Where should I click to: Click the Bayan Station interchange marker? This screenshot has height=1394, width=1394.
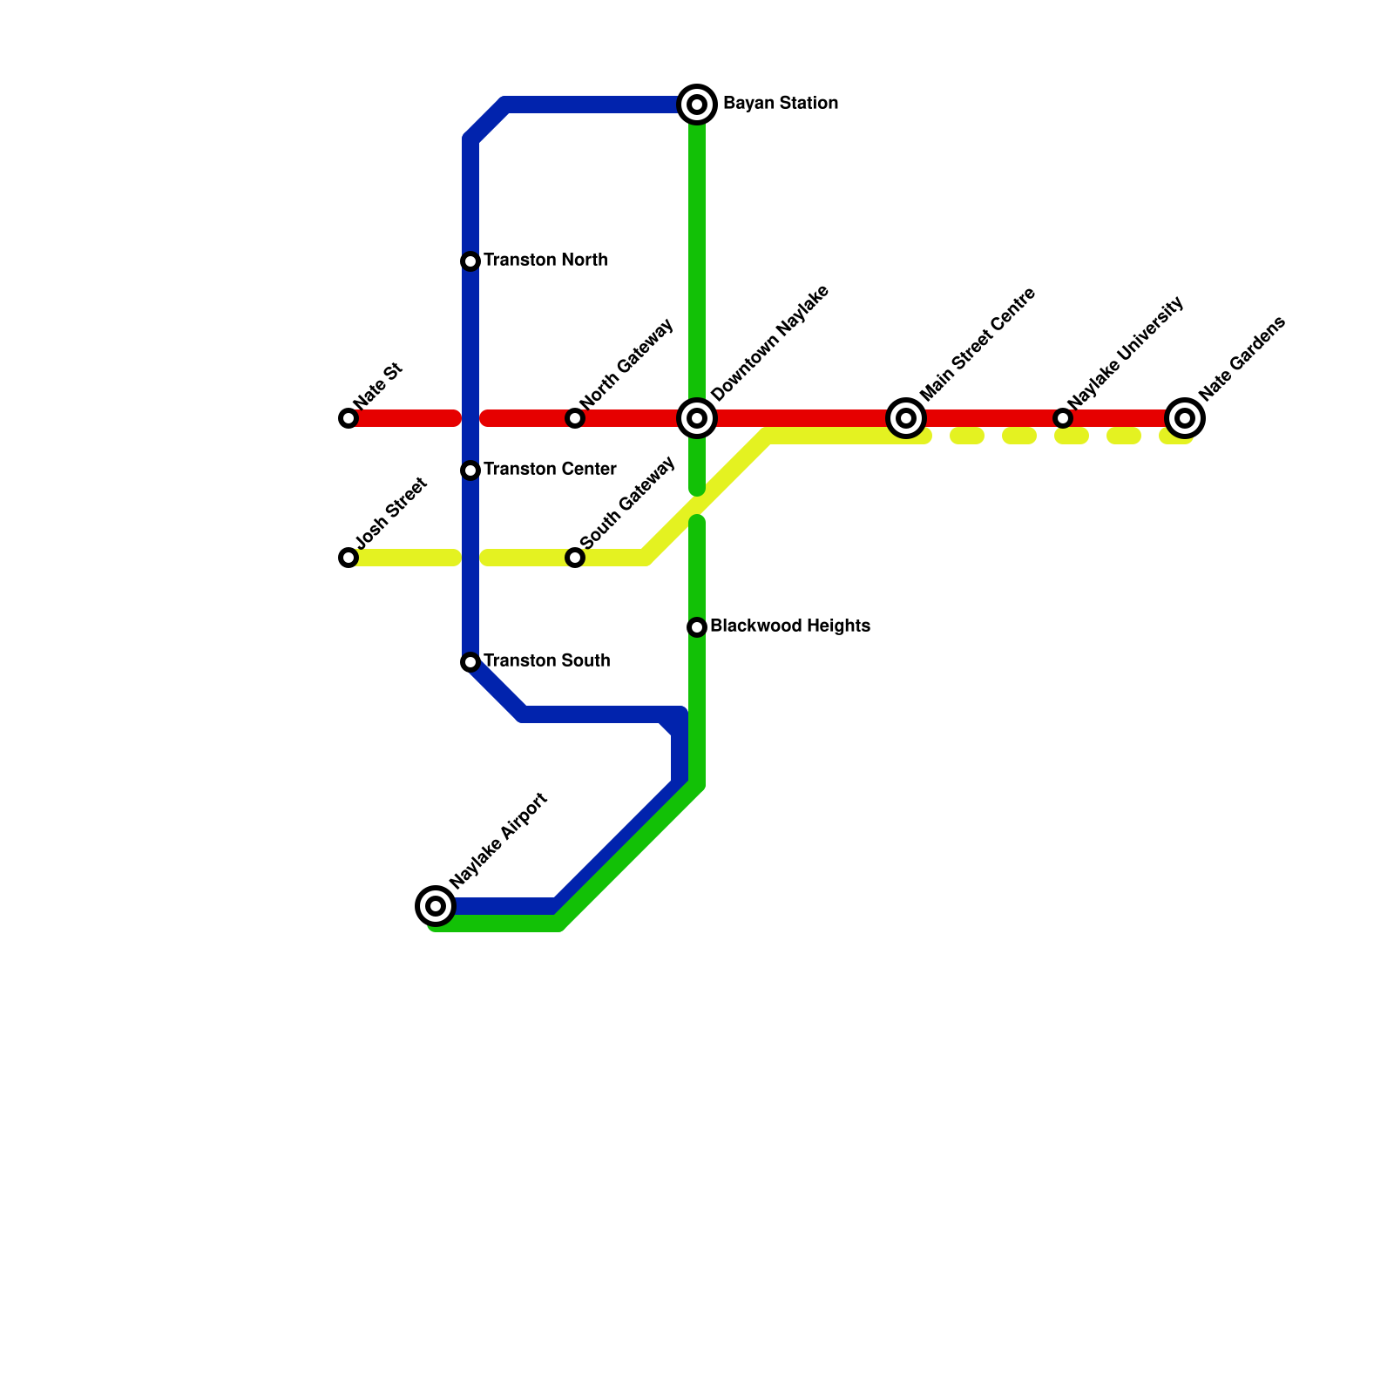697,105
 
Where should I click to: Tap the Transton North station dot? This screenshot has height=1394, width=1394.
470,261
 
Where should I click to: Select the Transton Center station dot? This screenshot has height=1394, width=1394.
470,470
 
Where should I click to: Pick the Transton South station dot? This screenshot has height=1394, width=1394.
470,662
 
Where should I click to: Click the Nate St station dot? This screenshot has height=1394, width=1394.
348,418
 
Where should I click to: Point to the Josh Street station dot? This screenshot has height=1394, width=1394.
348,558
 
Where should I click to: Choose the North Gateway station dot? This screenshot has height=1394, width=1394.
575,418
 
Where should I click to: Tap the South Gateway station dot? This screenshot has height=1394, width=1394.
575,558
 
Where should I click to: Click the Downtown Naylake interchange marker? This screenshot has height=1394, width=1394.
697,418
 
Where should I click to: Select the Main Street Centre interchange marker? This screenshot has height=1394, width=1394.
906,418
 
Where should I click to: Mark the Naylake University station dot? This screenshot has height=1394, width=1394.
1063,418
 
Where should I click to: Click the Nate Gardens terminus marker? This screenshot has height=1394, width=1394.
1185,418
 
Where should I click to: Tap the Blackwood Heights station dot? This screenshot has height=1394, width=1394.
697,627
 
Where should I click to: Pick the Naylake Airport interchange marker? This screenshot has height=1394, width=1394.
436,906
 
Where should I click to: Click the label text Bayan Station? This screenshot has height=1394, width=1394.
781,104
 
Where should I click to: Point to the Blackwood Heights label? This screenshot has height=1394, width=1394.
790,626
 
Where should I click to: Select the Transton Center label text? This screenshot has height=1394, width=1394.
550,470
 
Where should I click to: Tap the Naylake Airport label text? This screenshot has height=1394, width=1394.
498,840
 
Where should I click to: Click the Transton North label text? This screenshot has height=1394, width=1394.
545,261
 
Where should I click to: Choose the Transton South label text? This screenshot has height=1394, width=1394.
546,661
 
